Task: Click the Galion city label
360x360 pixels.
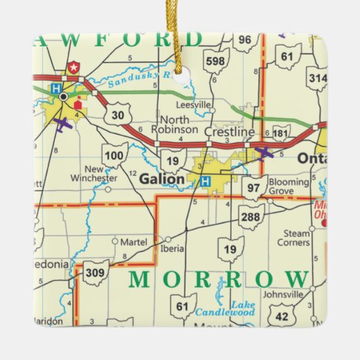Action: [x=162, y=179]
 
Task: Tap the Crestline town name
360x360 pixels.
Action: [x=234, y=131]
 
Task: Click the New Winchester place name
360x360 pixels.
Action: [x=93, y=174]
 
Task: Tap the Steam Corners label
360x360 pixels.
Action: [x=293, y=238]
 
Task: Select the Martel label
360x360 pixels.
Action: [x=133, y=241]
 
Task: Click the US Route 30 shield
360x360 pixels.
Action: [x=118, y=115]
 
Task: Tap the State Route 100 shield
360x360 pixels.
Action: [x=115, y=156]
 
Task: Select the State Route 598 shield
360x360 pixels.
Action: [x=216, y=61]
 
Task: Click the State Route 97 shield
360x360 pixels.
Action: [x=254, y=187]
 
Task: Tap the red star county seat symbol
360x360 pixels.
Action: [x=73, y=68]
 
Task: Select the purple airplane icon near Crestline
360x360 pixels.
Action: [x=264, y=153]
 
